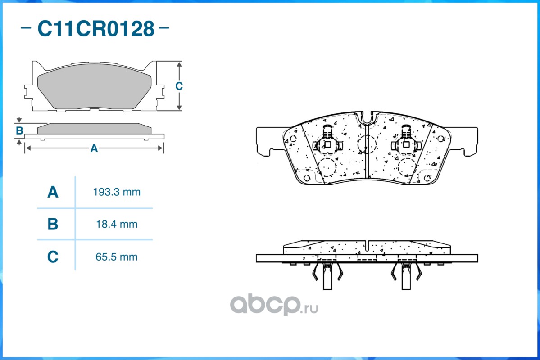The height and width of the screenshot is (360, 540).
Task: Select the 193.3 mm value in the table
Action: coord(117,192)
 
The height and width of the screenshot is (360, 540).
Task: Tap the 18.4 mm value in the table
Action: coord(117,224)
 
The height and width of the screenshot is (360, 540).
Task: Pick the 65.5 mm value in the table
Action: coord(117,257)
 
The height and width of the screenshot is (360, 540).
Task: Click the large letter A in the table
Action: coord(53,193)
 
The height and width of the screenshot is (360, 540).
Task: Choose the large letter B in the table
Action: coord(53,224)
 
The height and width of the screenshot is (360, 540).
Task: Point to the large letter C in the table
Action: coord(53,257)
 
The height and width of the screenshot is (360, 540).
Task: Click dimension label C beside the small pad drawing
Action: coord(179,86)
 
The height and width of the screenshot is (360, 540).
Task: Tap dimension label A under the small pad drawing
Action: coord(94,148)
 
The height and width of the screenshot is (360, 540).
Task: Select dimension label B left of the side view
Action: coord(19,131)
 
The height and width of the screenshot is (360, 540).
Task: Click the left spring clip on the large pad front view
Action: coord(327,142)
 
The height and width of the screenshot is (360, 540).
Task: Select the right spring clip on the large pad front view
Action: coord(407,142)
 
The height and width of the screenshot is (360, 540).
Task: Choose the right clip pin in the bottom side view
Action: coord(407,277)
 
